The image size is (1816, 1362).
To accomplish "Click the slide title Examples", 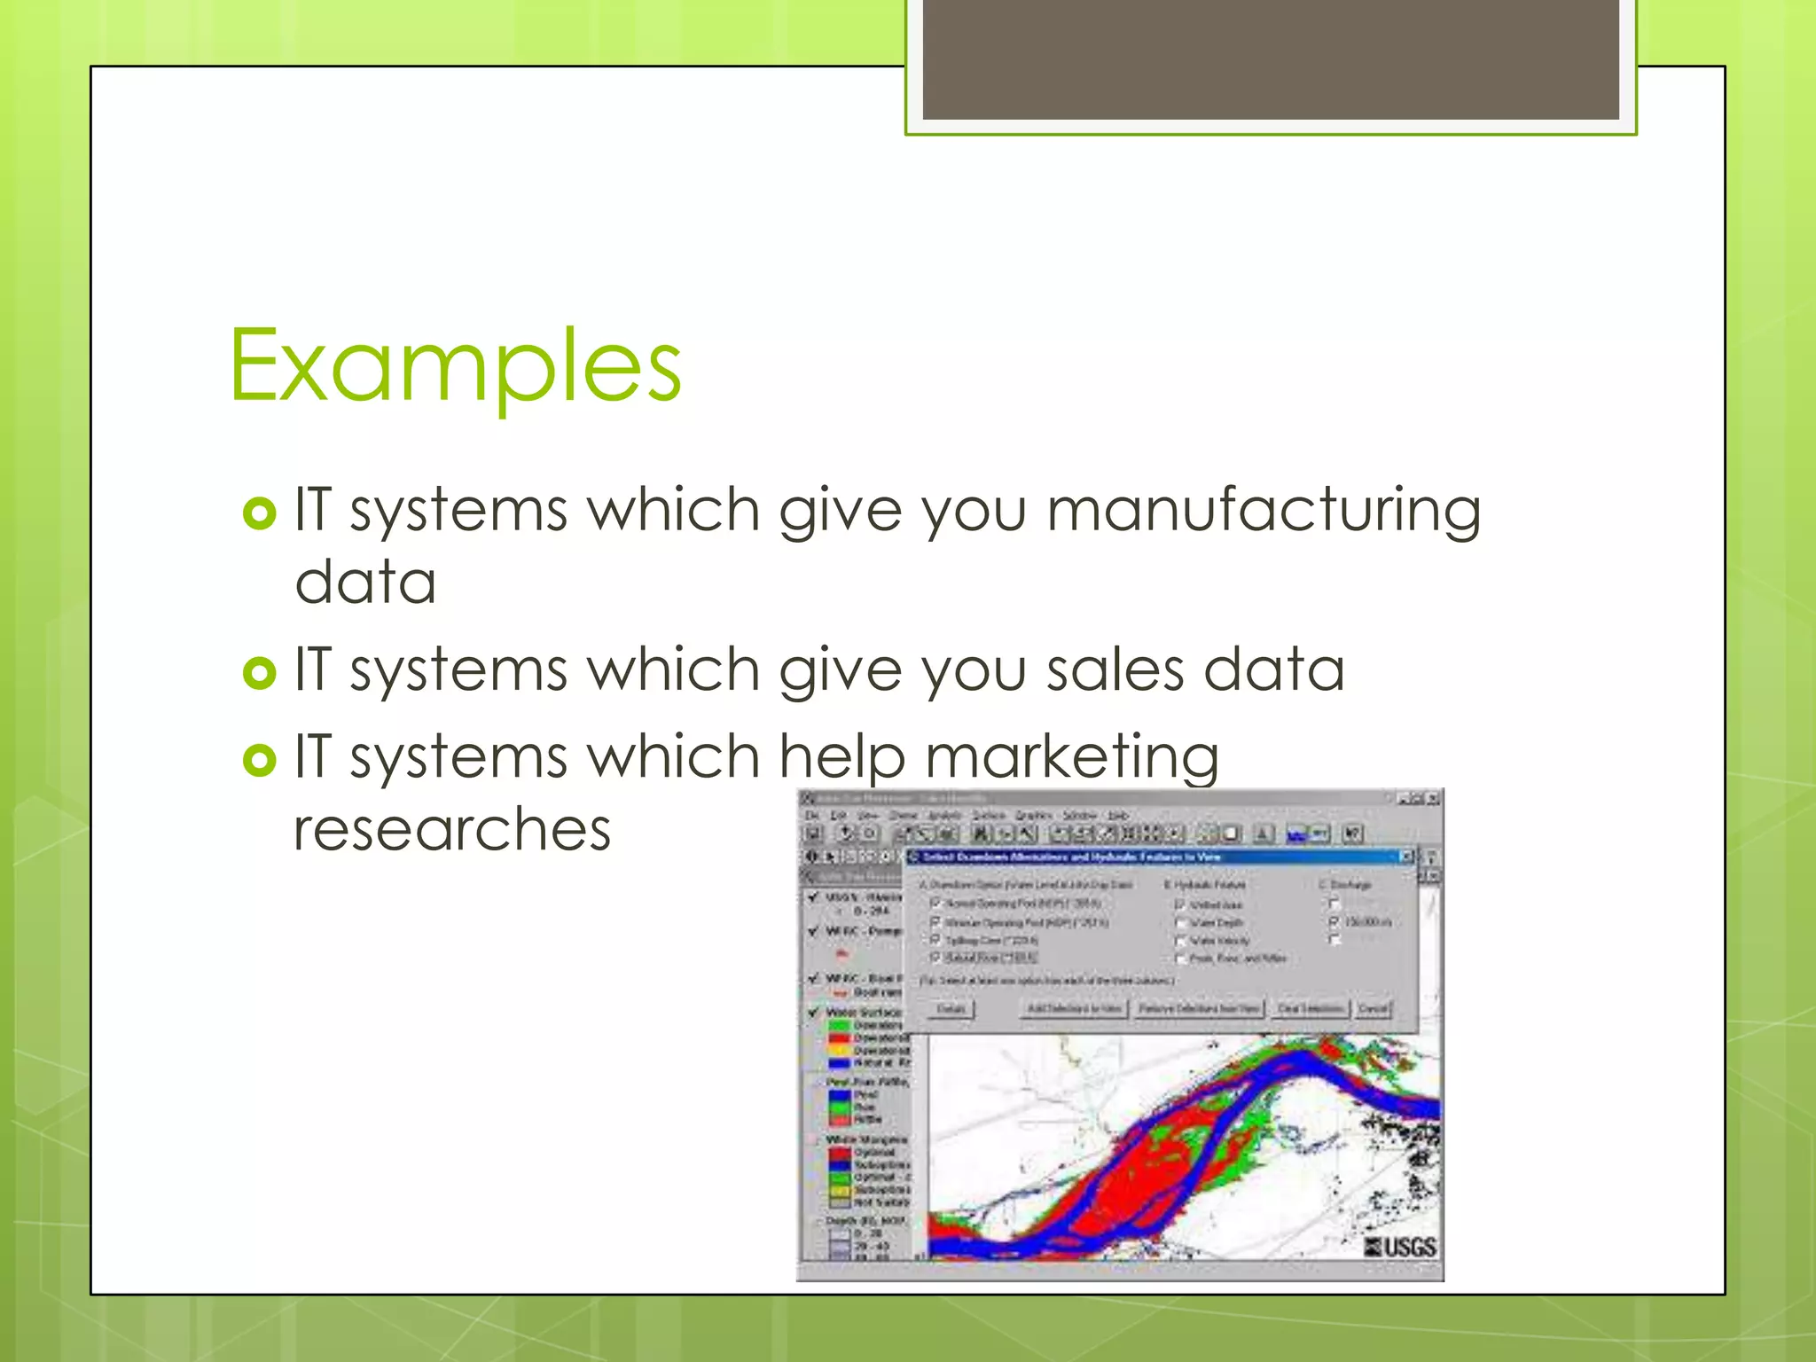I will (x=455, y=365).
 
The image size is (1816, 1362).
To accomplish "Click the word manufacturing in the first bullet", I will (x=1263, y=512).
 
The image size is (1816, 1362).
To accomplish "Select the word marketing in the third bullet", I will (x=1072, y=758).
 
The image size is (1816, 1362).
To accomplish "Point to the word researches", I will (x=452, y=829).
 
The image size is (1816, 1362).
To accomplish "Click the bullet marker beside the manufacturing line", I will (x=259, y=513).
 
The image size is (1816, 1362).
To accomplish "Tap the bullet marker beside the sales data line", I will (x=259, y=673).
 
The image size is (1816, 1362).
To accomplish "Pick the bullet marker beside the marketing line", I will (x=259, y=760).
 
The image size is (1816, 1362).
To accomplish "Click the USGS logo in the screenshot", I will (x=1401, y=1247).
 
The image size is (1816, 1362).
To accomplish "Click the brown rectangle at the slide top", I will (x=1270, y=60).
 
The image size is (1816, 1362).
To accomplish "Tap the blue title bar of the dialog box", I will (x=1153, y=857).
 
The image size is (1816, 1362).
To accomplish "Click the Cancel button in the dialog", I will (x=1373, y=1009).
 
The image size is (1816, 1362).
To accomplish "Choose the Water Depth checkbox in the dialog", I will (x=1180, y=922).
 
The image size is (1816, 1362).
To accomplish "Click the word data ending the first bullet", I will (x=365, y=583).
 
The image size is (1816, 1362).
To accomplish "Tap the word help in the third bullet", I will (x=841, y=758).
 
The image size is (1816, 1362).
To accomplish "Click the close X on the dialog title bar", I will (x=1405, y=857).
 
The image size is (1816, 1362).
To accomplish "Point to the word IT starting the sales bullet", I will (x=311, y=669).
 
